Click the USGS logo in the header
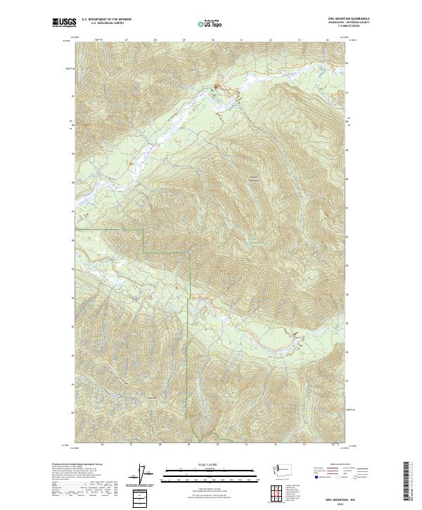click(x=64, y=23)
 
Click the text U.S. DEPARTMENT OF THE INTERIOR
click(x=106, y=20)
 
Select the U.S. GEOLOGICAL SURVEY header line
click(x=106, y=23)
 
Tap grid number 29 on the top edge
click(x=183, y=40)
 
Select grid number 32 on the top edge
click(x=270, y=40)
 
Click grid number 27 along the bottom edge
click(x=132, y=444)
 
